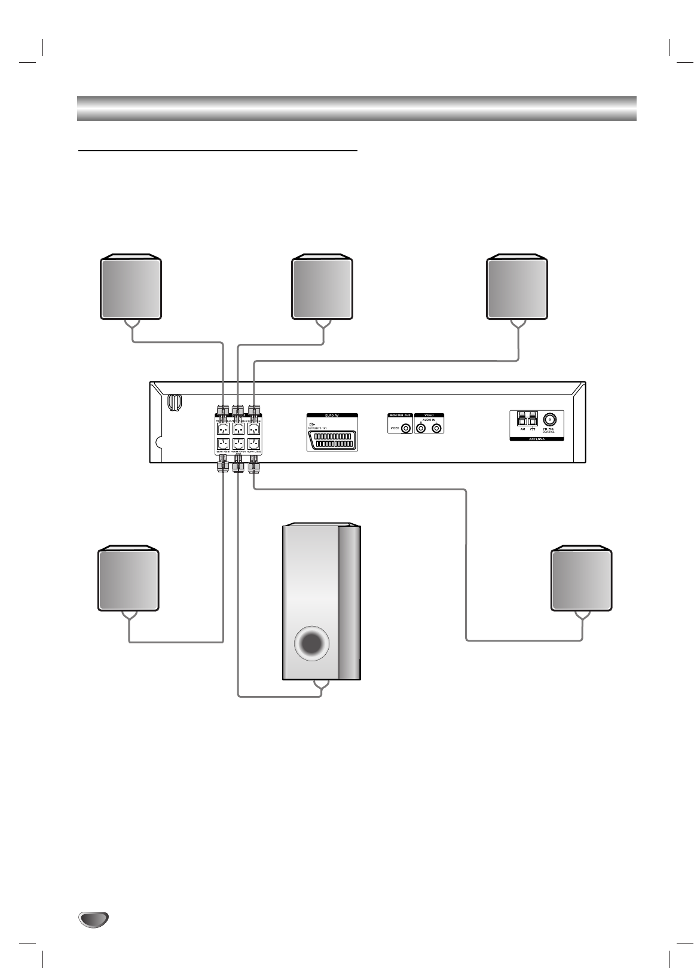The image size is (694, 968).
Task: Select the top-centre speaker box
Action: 323,288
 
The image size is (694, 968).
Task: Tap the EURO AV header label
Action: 332,415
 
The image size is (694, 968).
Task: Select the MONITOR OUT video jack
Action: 406,429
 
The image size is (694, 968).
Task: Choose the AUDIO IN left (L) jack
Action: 438,429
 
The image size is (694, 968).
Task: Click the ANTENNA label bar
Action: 536,438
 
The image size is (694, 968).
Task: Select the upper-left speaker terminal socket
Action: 222,429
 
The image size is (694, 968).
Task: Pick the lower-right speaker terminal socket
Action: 254,445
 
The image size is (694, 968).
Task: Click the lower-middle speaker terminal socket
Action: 238,445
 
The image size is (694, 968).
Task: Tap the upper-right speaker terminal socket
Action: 254,429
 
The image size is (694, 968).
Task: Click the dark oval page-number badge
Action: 93,919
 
